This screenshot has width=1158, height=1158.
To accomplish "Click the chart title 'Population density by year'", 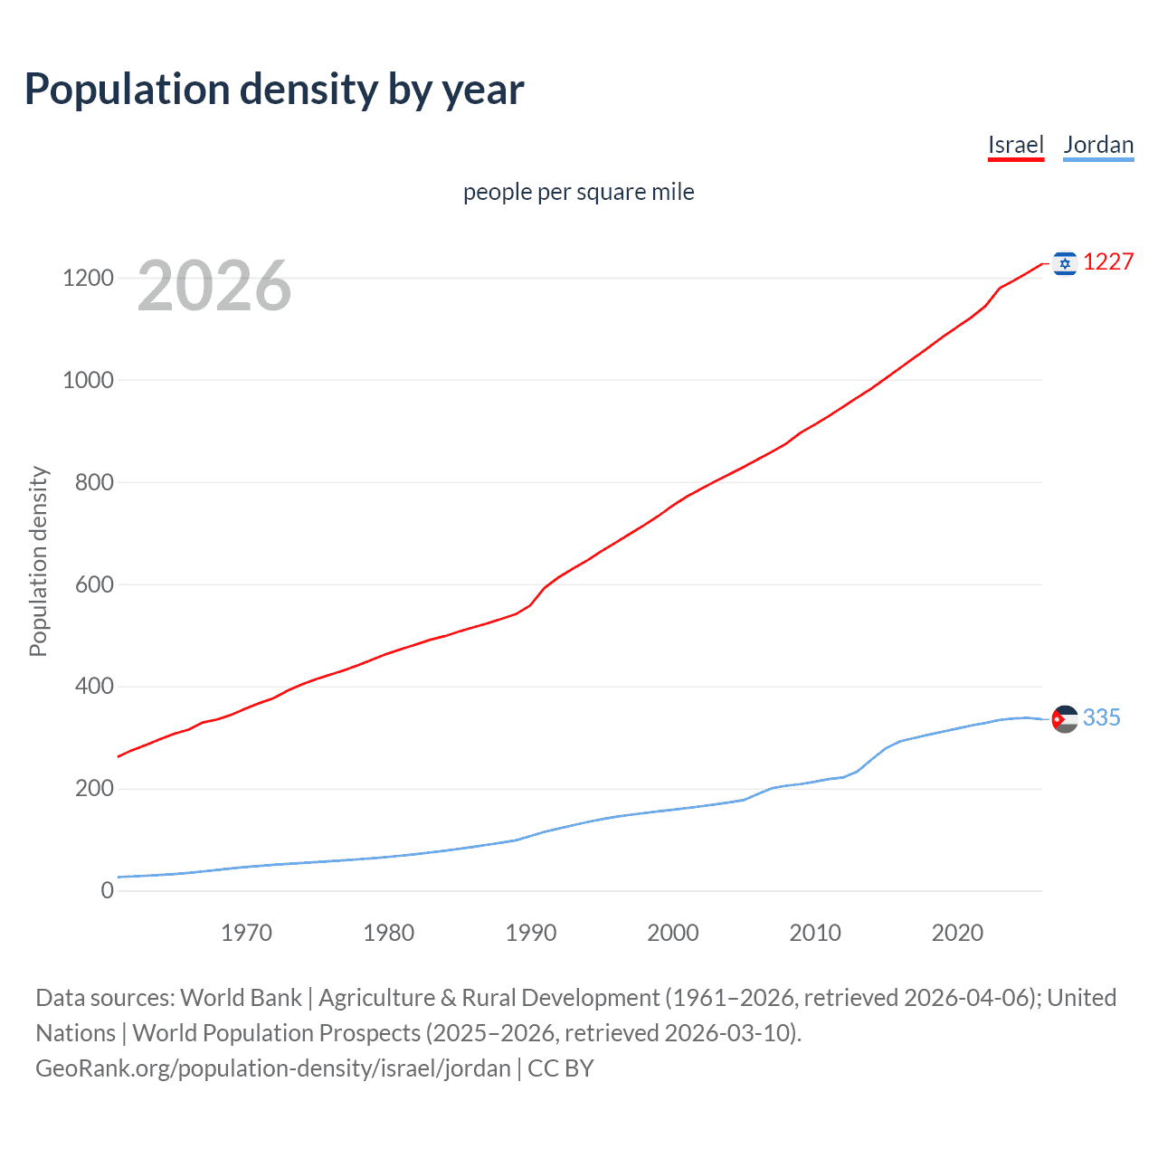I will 274,90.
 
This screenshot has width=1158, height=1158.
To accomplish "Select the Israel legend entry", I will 1015,145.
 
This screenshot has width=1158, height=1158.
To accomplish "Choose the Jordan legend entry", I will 1098,145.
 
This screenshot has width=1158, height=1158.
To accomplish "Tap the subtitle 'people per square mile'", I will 579,192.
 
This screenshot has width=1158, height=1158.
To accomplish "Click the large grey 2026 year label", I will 214,286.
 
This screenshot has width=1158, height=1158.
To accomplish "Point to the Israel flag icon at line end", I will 1065,263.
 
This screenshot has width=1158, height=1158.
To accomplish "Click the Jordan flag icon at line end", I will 1065,719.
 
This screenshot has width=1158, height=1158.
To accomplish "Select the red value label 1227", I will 1108,262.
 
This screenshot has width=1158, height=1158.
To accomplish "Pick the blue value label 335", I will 1101,718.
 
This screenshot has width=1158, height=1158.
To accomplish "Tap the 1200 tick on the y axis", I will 88,278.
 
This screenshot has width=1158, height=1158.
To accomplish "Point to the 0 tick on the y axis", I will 108,891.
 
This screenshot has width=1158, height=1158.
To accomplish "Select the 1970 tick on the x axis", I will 246,933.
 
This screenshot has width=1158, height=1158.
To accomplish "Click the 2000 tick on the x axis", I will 673,933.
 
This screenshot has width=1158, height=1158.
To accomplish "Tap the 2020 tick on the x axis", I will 957,933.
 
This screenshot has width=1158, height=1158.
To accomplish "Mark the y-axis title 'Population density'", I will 38,561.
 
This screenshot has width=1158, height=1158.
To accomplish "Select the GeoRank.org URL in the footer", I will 273,1068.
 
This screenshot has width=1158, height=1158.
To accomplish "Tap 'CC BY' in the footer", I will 561,1068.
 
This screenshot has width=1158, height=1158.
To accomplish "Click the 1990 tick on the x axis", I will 531,933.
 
